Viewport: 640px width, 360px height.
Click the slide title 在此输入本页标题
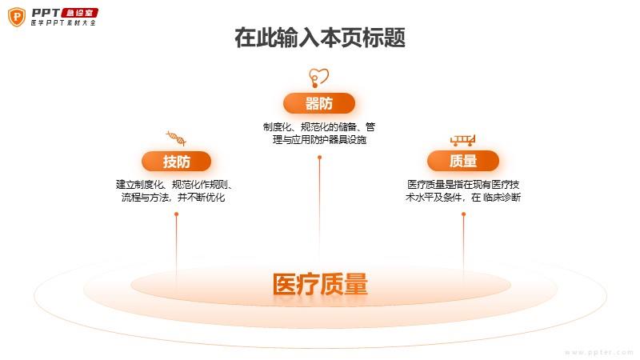click(319, 38)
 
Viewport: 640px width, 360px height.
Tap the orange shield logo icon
click(17, 17)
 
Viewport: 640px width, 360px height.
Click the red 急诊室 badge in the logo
click(79, 13)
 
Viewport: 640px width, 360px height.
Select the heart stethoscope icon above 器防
click(318, 78)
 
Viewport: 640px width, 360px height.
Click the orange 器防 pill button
click(318, 103)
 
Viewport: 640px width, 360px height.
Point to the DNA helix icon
click(176, 138)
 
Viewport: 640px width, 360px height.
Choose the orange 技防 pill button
click(176, 162)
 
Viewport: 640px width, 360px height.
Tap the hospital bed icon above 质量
click(463, 141)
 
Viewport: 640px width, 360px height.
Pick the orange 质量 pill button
click(463, 161)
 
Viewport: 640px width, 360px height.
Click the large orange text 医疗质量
click(320, 285)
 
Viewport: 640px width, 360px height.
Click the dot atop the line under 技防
click(176, 214)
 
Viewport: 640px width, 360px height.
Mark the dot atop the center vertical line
click(319, 158)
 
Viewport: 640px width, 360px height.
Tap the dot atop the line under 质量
click(463, 214)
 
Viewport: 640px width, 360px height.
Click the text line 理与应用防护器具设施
click(319, 139)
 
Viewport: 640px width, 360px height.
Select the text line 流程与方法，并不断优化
click(173, 198)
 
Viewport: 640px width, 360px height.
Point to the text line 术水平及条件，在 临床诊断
click(463, 198)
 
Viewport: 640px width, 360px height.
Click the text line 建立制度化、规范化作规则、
click(174, 185)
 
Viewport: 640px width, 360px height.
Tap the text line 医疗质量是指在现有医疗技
click(463, 185)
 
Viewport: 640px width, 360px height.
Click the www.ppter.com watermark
click(599, 352)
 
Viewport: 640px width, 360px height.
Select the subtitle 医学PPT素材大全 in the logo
click(63, 23)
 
